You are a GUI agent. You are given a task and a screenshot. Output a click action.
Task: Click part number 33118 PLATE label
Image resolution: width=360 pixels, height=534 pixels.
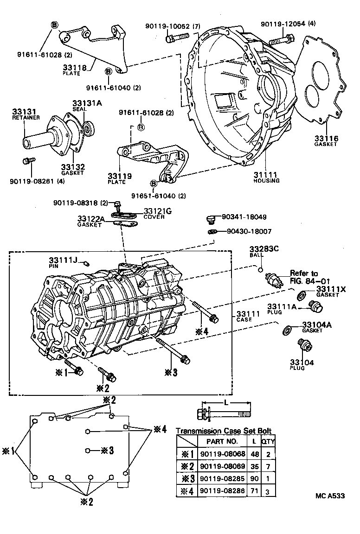coord(75,69)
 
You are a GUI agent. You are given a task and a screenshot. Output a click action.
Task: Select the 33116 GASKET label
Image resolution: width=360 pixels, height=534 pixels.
coord(326,141)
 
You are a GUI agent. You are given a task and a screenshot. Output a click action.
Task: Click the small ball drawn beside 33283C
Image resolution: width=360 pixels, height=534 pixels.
coord(261,269)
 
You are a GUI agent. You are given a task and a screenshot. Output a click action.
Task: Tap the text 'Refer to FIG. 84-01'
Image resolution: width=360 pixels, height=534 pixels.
coord(304,277)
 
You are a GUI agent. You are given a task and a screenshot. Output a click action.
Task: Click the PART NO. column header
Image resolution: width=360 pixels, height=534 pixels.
coord(222,441)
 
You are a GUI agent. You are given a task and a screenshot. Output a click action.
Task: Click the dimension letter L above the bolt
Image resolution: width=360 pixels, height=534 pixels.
coord(226,403)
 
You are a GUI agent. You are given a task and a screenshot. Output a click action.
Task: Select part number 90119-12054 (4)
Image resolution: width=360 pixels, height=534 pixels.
coord(288,24)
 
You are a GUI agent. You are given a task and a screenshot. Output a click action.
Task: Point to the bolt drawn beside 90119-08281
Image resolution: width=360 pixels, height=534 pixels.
coord(27,161)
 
